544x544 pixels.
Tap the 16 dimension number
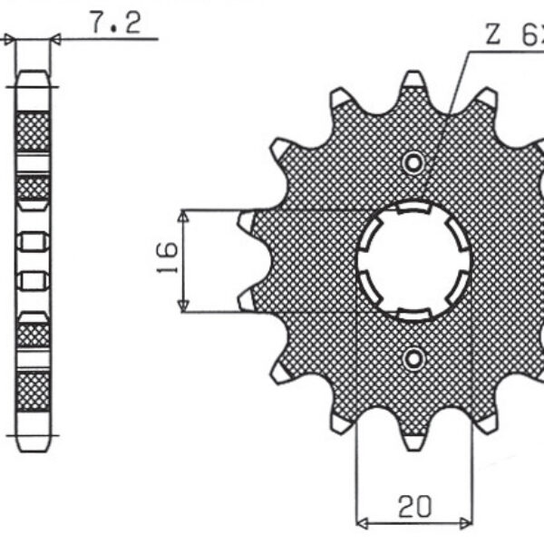click(x=166, y=261)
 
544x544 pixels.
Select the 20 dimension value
click(x=415, y=505)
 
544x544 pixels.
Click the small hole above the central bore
click(x=414, y=163)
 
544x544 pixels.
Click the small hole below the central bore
click(x=414, y=356)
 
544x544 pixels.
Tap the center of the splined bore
click(x=414, y=260)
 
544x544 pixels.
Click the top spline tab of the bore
click(x=414, y=209)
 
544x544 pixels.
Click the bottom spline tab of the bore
click(x=414, y=312)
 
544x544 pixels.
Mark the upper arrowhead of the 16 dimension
click(x=184, y=216)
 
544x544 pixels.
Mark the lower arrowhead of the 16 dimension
click(x=184, y=306)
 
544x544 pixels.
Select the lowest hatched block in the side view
click(x=34, y=391)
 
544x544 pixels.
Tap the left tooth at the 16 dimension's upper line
click(x=248, y=220)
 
